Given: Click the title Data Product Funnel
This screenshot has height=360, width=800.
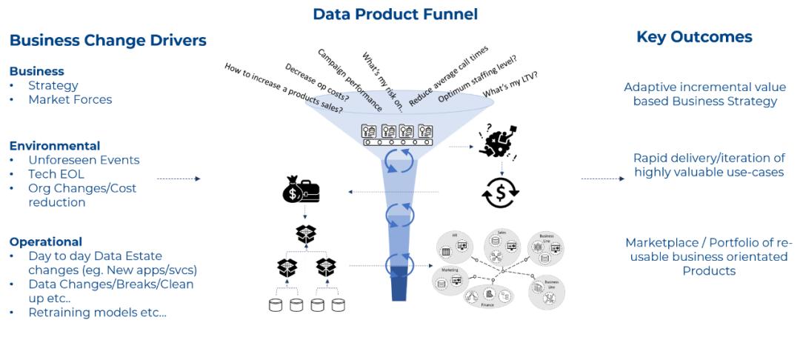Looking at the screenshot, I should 395,14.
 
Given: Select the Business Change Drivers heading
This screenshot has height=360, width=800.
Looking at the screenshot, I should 108,41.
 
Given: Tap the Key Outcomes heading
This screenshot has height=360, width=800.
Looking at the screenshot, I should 694,37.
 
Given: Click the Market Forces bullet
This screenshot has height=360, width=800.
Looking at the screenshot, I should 70,99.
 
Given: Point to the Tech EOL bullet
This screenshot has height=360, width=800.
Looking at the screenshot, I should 56,174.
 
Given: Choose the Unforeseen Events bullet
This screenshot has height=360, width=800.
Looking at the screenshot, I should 84,160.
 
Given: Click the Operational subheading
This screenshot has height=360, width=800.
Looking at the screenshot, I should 46,241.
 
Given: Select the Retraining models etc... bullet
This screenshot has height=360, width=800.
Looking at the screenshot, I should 97,312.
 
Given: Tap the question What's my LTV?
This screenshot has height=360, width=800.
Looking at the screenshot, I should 510,84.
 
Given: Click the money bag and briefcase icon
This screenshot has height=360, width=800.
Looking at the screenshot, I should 301,191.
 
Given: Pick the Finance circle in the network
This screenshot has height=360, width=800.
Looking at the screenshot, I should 487,295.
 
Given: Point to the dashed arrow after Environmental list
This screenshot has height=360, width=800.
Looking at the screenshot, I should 179,179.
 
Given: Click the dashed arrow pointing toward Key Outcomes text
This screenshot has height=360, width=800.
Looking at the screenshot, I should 603,179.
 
